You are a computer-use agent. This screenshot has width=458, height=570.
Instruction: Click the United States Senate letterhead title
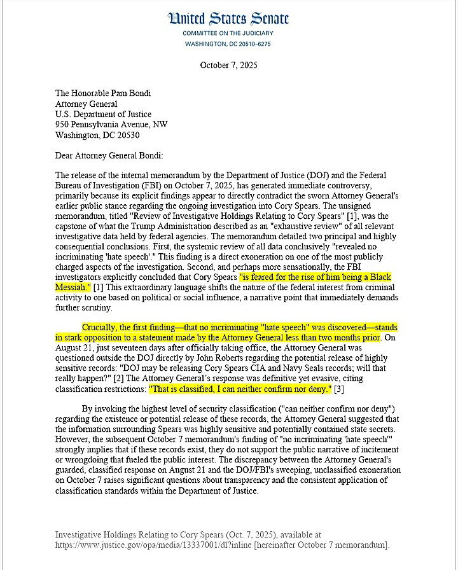pos(228,19)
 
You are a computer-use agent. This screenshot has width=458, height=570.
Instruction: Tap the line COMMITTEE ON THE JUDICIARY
pos(228,33)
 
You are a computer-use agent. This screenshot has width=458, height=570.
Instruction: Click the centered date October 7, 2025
pos(228,66)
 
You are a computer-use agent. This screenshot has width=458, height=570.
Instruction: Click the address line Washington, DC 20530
pos(97,136)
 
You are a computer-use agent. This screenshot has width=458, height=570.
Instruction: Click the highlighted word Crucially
pos(102,327)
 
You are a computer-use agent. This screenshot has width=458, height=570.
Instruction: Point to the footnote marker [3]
pos(339,388)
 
